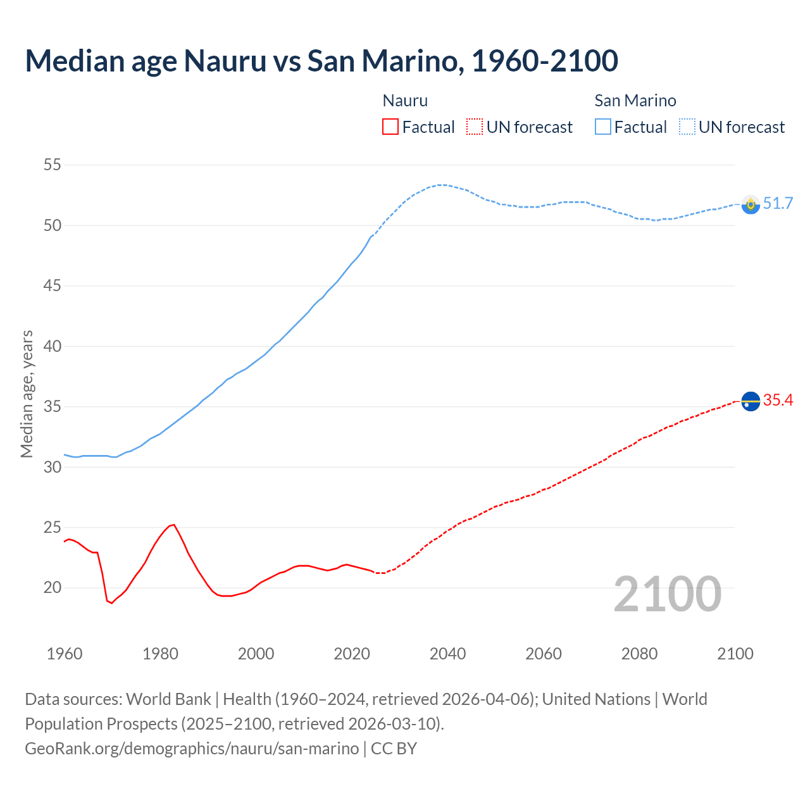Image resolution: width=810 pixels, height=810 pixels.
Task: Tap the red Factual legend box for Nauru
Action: [x=390, y=127]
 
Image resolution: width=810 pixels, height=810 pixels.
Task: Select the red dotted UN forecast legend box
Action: [x=475, y=127]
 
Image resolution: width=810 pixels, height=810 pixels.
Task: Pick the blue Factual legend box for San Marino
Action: [x=603, y=127]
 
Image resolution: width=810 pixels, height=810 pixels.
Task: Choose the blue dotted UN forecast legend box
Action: [x=687, y=127]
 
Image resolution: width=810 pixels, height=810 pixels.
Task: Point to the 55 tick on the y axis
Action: [x=53, y=165]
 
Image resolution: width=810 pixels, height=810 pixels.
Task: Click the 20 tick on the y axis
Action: [x=53, y=588]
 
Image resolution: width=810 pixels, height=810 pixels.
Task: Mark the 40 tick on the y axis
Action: [x=53, y=346]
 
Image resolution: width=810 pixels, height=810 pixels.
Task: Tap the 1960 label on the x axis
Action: [x=65, y=654]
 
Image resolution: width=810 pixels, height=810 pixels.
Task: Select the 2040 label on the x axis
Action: [x=447, y=654]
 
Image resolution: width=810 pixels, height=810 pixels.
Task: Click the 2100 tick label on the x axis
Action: [x=735, y=654]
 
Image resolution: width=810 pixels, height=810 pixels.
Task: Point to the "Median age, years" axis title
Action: [x=27, y=394]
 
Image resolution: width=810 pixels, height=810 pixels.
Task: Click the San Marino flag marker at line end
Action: [x=751, y=204]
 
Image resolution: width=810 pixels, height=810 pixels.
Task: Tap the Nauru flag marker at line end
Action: [x=751, y=401]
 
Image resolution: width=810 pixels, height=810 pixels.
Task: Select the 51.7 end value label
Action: [x=778, y=203]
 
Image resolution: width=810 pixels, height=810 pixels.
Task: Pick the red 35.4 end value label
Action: [x=778, y=400]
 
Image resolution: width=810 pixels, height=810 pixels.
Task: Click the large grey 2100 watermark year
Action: [x=668, y=594]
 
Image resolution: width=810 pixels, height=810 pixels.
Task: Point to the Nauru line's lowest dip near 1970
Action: [x=112, y=603]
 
